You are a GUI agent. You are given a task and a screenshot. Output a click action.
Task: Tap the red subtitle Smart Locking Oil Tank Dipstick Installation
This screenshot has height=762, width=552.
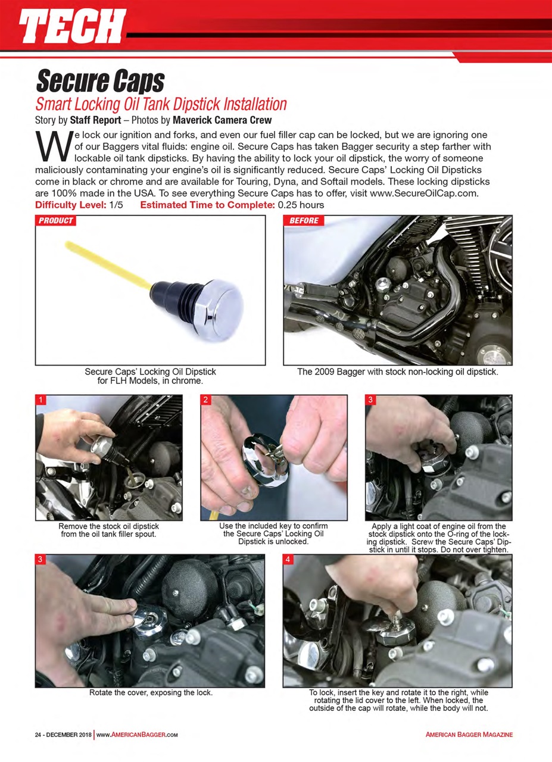pyautogui.click(x=161, y=104)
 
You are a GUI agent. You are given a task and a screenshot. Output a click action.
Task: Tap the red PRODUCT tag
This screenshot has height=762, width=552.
pyautogui.click(x=55, y=221)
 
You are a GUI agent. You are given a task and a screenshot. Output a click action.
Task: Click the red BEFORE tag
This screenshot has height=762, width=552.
pyautogui.click(x=304, y=221)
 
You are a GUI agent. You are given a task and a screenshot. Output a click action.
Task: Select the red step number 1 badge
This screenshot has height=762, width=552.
pyautogui.click(x=40, y=400)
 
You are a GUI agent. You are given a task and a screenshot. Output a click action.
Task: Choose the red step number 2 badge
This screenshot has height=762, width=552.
pyautogui.click(x=205, y=400)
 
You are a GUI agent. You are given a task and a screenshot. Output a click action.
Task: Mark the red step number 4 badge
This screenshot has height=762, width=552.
pyautogui.click(x=288, y=560)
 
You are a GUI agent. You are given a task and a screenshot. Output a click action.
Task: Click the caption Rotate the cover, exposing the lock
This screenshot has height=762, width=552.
pyautogui.click(x=151, y=693)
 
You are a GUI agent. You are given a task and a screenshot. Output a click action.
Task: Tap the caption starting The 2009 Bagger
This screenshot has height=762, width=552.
pyautogui.click(x=397, y=372)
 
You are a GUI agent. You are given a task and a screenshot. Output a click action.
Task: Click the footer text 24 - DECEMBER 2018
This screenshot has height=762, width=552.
pyautogui.click(x=63, y=735)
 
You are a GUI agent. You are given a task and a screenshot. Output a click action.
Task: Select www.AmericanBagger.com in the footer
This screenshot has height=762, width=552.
pyautogui.click(x=138, y=735)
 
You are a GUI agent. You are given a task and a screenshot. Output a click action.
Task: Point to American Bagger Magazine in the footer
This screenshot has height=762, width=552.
pyautogui.click(x=469, y=735)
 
